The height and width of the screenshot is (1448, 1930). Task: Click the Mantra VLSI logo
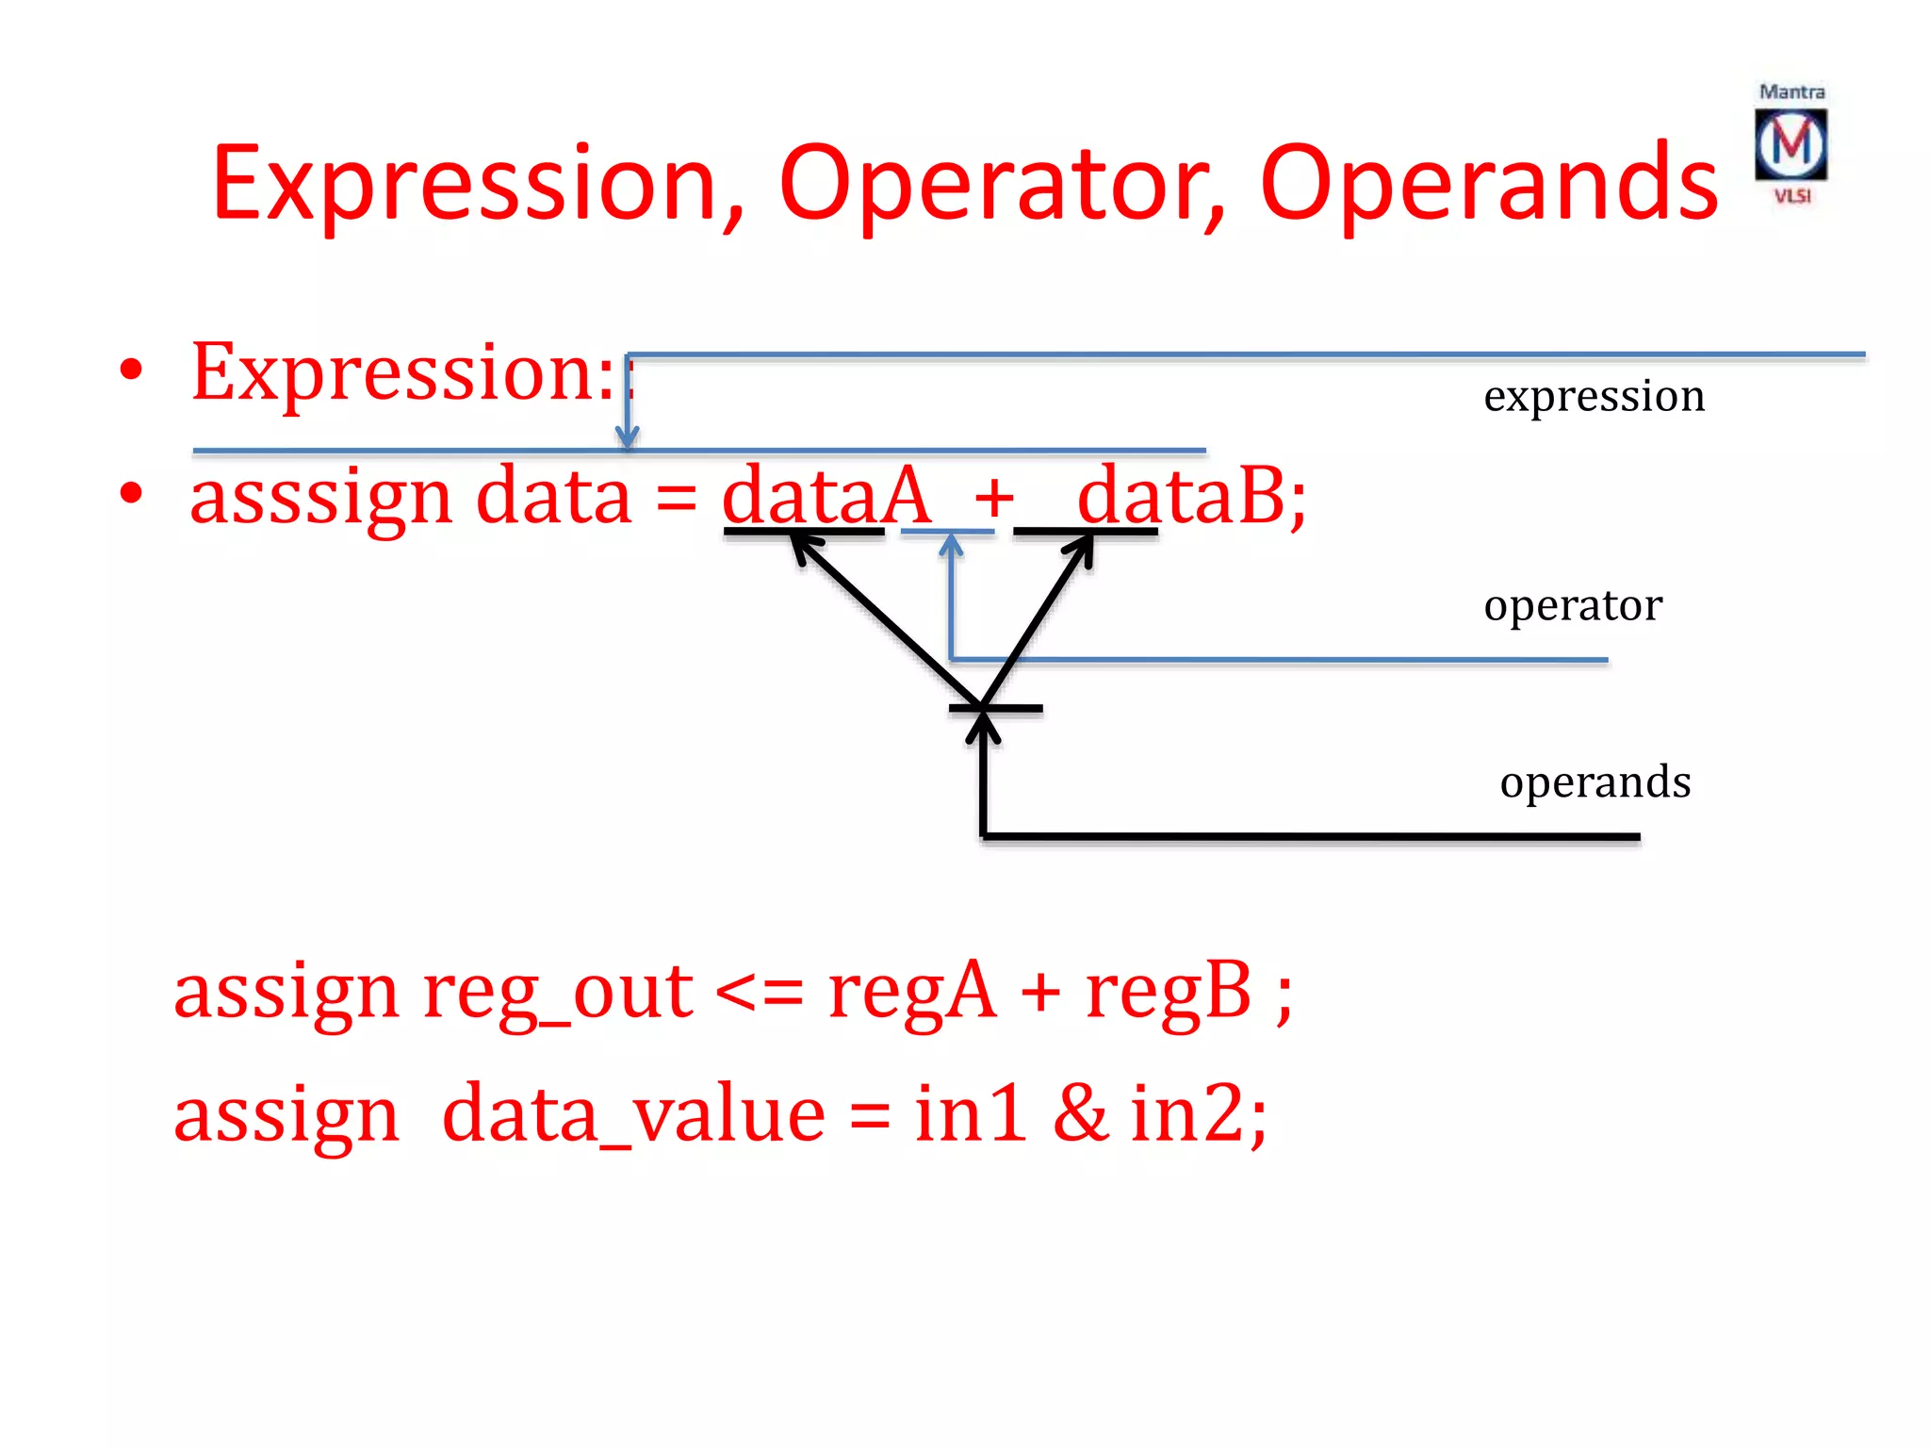pos(1791,144)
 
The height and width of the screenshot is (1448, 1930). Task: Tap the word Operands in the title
pos(1489,183)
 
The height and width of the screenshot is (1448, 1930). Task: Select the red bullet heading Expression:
pos(403,373)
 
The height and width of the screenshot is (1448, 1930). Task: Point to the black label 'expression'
pos(1594,396)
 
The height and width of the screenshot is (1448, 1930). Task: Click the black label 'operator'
pos(1572,605)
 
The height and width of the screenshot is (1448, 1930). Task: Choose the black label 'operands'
pos(1595,782)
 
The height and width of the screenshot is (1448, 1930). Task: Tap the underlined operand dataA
pos(826,496)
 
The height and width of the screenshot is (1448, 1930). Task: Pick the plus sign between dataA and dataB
pos(993,498)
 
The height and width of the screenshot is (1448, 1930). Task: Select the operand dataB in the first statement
pos(1181,496)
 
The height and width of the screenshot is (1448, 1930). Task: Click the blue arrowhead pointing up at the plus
pos(952,544)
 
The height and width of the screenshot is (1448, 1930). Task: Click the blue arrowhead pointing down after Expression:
pos(628,436)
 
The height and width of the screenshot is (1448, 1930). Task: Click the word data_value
pos(633,1114)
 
